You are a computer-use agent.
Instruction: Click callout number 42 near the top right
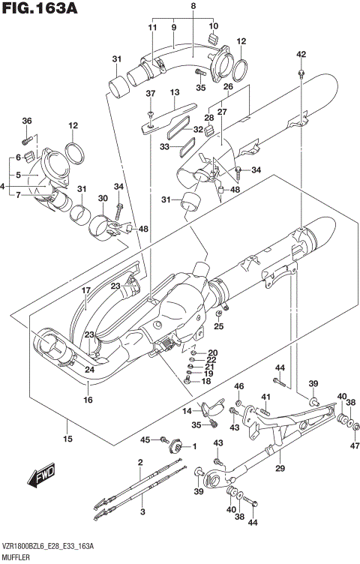point(301,55)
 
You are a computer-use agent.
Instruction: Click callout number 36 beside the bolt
point(27,121)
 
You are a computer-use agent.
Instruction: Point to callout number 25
point(218,326)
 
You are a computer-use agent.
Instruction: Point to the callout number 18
point(205,382)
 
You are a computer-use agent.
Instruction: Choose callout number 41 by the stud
point(265,397)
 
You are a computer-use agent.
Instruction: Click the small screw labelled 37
point(150,112)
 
